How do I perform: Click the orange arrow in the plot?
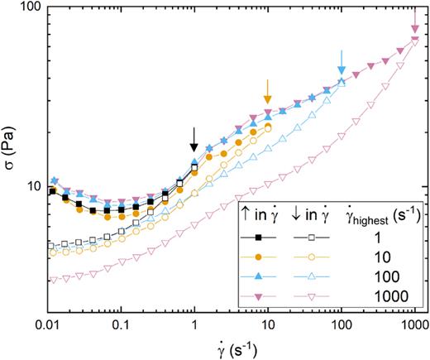coord(267,91)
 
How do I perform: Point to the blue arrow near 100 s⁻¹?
coord(342,60)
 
